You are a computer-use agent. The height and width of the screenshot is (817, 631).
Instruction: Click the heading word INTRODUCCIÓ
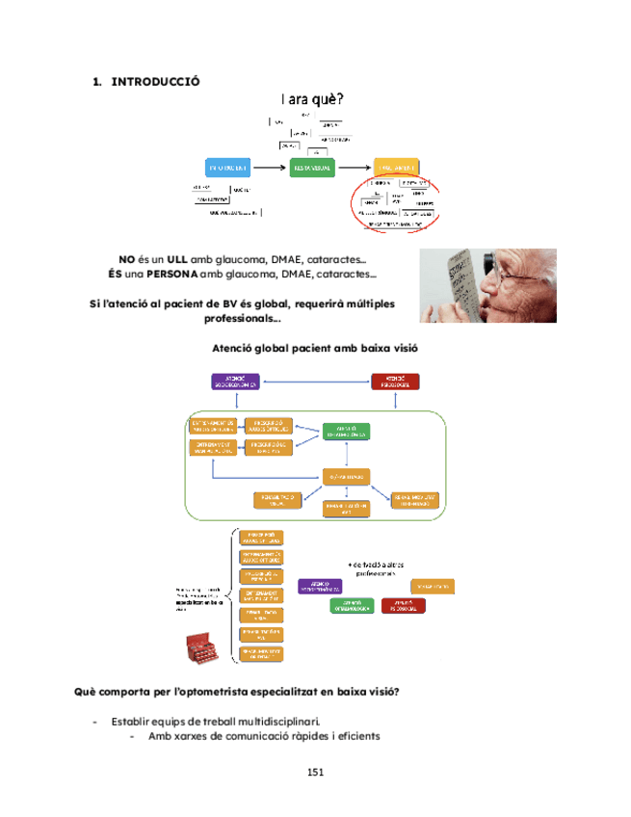(156, 82)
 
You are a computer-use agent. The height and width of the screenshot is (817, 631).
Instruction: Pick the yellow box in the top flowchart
(396, 166)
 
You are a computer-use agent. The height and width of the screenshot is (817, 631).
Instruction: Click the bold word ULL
(177, 259)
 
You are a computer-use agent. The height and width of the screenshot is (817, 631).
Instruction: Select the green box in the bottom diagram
(353, 605)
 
